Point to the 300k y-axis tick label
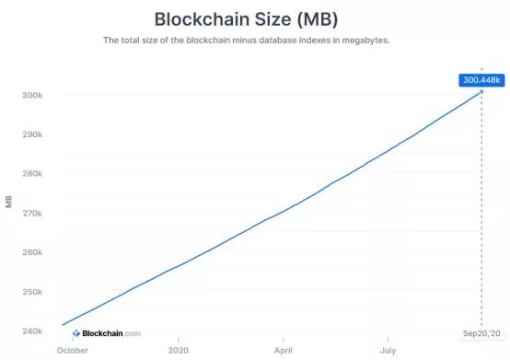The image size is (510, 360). tap(33, 96)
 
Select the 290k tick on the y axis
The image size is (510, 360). tap(33, 135)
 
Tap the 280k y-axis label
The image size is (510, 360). tap(33, 174)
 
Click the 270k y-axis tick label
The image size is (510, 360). tap(33, 214)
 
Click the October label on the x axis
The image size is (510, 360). tap(73, 351)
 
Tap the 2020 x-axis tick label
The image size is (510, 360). tap(180, 351)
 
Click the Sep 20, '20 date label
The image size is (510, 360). tap(481, 333)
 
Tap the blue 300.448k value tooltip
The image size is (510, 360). tap(481, 79)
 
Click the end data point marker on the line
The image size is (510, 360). tap(481, 92)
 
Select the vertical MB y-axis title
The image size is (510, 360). tap(8, 203)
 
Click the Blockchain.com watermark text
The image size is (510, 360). tap(111, 333)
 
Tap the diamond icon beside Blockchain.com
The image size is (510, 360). tap(76, 333)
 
